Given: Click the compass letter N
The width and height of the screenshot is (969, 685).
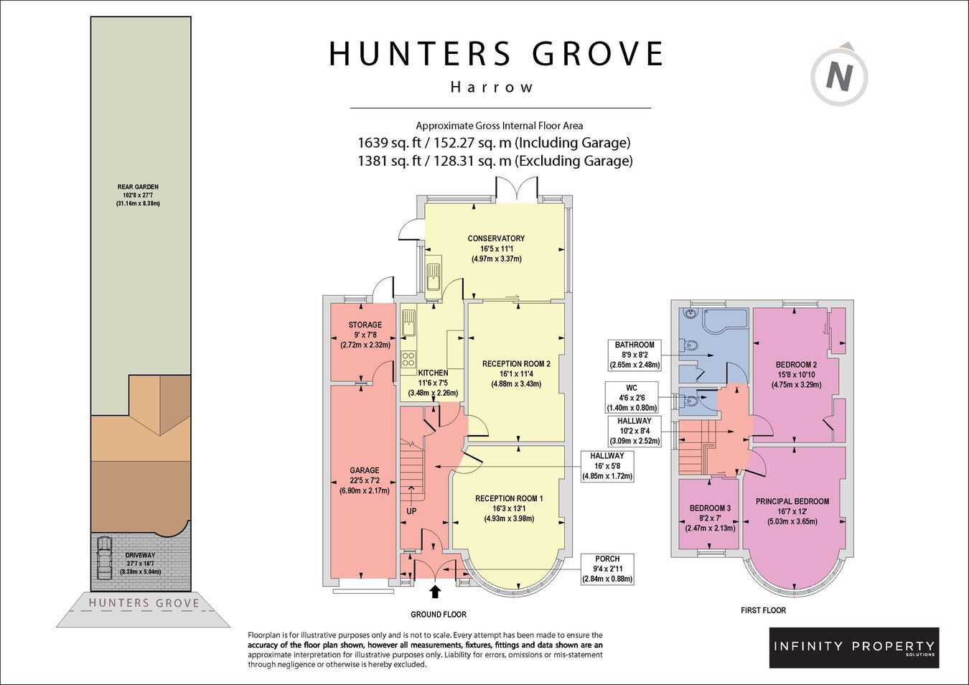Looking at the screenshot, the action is tap(839, 77).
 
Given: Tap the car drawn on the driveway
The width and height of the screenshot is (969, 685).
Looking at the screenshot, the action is tap(104, 558).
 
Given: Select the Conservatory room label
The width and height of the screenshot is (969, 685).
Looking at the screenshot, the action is tap(496, 238).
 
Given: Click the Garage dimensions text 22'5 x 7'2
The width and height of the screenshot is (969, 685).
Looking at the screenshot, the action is tap(365, 481).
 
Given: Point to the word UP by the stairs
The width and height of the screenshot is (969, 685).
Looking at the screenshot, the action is tap(411, 511).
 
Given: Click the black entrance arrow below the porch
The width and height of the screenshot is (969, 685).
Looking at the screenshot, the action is tap(435, 592).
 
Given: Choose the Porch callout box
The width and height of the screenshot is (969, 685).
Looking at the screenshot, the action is tap(607, 569).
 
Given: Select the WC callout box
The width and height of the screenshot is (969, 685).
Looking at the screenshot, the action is tap(632, 398).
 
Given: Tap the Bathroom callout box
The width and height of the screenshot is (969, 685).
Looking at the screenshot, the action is tap(635, 355).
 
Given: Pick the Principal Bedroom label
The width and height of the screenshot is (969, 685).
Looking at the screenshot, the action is tap(792, 501).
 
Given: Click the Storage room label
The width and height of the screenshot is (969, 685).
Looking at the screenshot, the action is tap(365, 325).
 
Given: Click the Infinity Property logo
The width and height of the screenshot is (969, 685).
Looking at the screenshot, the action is tap(854, 648).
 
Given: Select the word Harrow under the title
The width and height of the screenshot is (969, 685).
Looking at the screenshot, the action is tap(492, 88).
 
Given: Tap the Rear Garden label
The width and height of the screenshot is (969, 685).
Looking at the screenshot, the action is tap(138, 187).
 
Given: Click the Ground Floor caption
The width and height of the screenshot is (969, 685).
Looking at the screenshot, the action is tap(439, 615).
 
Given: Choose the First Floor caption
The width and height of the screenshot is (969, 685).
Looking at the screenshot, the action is tap(763, 610).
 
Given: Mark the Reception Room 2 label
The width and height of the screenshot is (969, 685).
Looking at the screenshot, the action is tap(516, 364).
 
